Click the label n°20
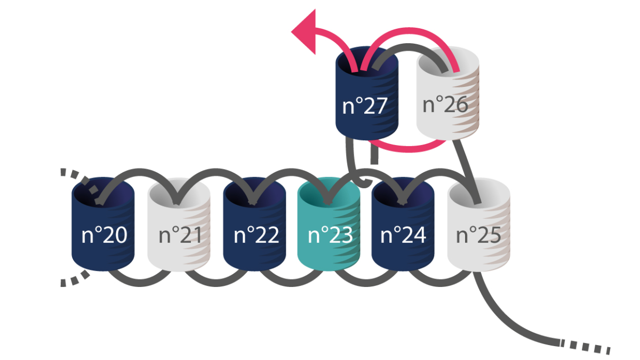[104, 235]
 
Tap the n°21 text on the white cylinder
[180, 235]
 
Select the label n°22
[256, 235]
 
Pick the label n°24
[404, 235]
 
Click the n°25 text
[478, 235]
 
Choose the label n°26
[445, 105]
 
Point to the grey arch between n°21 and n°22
[213, 173]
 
